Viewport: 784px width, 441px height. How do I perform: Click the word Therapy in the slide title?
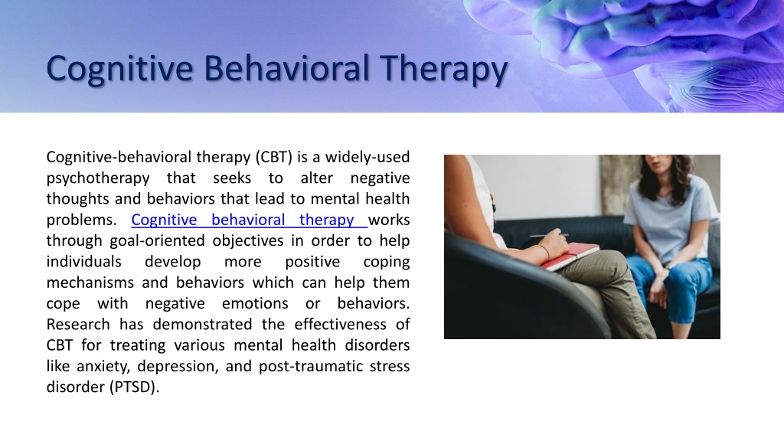click(x=443, y=70)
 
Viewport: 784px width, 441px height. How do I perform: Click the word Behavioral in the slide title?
click(x=286, y=68)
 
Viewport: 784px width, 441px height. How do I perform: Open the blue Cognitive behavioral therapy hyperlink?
click(x=249, y=220)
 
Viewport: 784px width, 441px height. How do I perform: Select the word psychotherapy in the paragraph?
click(x=98, y=178)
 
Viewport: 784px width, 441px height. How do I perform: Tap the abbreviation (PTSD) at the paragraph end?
click(x=134, y=387)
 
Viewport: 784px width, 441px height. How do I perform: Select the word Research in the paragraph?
click(x=78, y=325)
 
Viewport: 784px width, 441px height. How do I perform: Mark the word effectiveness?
click(x=340, y=325)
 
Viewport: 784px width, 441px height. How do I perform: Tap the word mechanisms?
click(x=90, y=283)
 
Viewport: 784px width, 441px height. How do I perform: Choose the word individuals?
click(x=84, y=262)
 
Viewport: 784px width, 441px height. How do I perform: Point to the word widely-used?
click(x=367, y=157)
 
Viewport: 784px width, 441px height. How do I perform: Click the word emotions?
click(x=255, y=303)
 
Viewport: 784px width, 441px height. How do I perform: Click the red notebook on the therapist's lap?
click(x=570, y=256)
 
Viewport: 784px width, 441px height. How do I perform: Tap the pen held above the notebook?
click(x=549, y=235)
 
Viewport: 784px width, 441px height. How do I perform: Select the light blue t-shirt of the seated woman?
click(x=669, y=215)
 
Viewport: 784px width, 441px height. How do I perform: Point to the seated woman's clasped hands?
click(x=659, y=283)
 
